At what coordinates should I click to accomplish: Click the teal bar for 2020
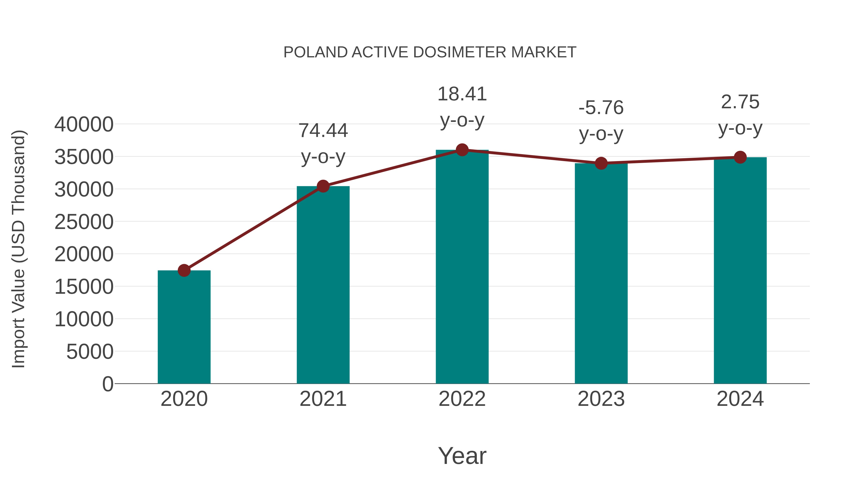184,327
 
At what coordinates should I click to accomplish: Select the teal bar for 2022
462,267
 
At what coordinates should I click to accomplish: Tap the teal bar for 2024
740,271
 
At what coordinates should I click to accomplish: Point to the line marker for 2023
601,163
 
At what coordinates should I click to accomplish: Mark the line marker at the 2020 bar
184,271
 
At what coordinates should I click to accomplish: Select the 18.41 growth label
462,94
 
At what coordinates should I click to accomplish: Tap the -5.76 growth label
601,108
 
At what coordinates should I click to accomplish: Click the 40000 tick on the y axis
84,125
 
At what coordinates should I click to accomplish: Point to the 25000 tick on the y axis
84,222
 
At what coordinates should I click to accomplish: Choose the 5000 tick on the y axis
90,352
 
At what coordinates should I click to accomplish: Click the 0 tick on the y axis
108,384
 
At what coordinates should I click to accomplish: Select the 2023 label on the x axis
601,399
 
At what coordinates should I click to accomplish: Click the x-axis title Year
462,456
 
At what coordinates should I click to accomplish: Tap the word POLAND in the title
316,52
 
